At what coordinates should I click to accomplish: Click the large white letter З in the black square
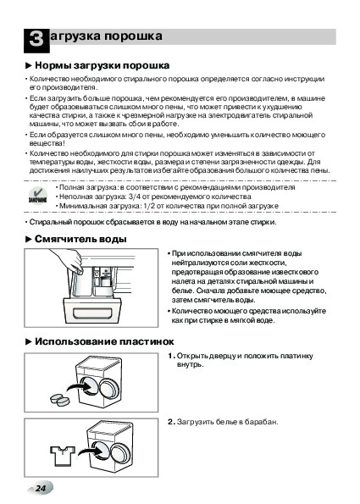36,39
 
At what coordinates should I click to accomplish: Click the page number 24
41,489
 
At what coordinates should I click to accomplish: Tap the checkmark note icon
38,196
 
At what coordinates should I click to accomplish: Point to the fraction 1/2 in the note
146,206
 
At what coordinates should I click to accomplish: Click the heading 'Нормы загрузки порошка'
102,65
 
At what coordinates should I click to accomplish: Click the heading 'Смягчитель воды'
80,239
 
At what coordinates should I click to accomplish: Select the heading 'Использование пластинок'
104,341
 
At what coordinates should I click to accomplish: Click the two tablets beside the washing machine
60,399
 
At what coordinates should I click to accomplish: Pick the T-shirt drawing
63,456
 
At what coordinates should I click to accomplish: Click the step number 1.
170,356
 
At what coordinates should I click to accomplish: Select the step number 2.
170,422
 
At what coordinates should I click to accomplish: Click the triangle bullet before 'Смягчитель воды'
29,240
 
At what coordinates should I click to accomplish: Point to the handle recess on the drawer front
92,313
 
